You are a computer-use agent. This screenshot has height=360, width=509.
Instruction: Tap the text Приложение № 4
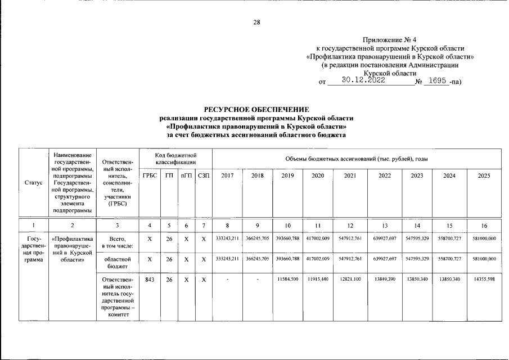tap(389, 40)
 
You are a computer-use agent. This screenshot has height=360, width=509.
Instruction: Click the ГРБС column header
tap(150, 175)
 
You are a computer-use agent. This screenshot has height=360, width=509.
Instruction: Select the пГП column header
tap(186, 175)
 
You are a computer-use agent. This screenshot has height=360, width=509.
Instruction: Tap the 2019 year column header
tap(287, 175)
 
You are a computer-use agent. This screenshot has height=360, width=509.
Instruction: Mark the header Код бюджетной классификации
tap(176, 158)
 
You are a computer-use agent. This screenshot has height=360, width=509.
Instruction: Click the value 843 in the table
tap(150, 279)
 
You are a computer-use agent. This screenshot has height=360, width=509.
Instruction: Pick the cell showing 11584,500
tap(287, 279)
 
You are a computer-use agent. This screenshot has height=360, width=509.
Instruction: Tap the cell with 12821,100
tap(350, 279)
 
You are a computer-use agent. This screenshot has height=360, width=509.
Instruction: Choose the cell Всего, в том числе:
tap(118, 242)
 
